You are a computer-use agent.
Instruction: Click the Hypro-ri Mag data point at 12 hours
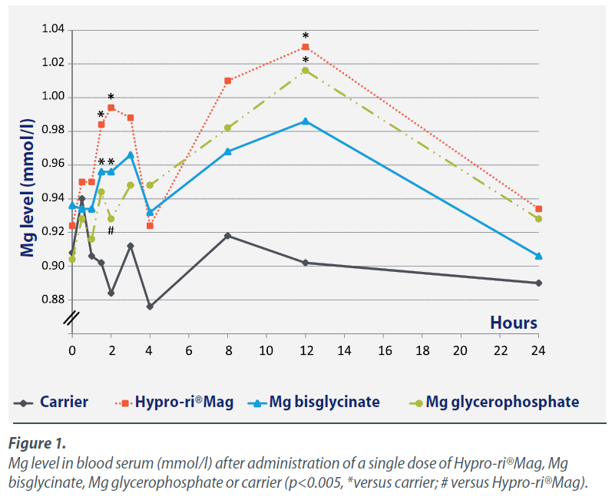pos(306,47)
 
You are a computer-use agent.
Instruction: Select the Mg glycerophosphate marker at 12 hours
pos(306,70)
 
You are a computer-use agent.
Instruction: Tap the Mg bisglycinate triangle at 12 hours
pos(306,121)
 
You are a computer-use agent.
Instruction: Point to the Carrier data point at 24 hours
pos(538,283)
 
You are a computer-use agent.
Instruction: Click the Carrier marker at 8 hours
pos(227,235)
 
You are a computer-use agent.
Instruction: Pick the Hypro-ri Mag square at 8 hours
pos(227,81)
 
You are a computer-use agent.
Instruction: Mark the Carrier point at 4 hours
pos(150,306)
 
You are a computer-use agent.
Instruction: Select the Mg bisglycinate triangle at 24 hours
pos(538,255)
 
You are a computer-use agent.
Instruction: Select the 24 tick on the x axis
pos(538,350)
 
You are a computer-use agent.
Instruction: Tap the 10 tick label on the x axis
pos(266,350)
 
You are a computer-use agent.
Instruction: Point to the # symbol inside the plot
pos(111,231)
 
